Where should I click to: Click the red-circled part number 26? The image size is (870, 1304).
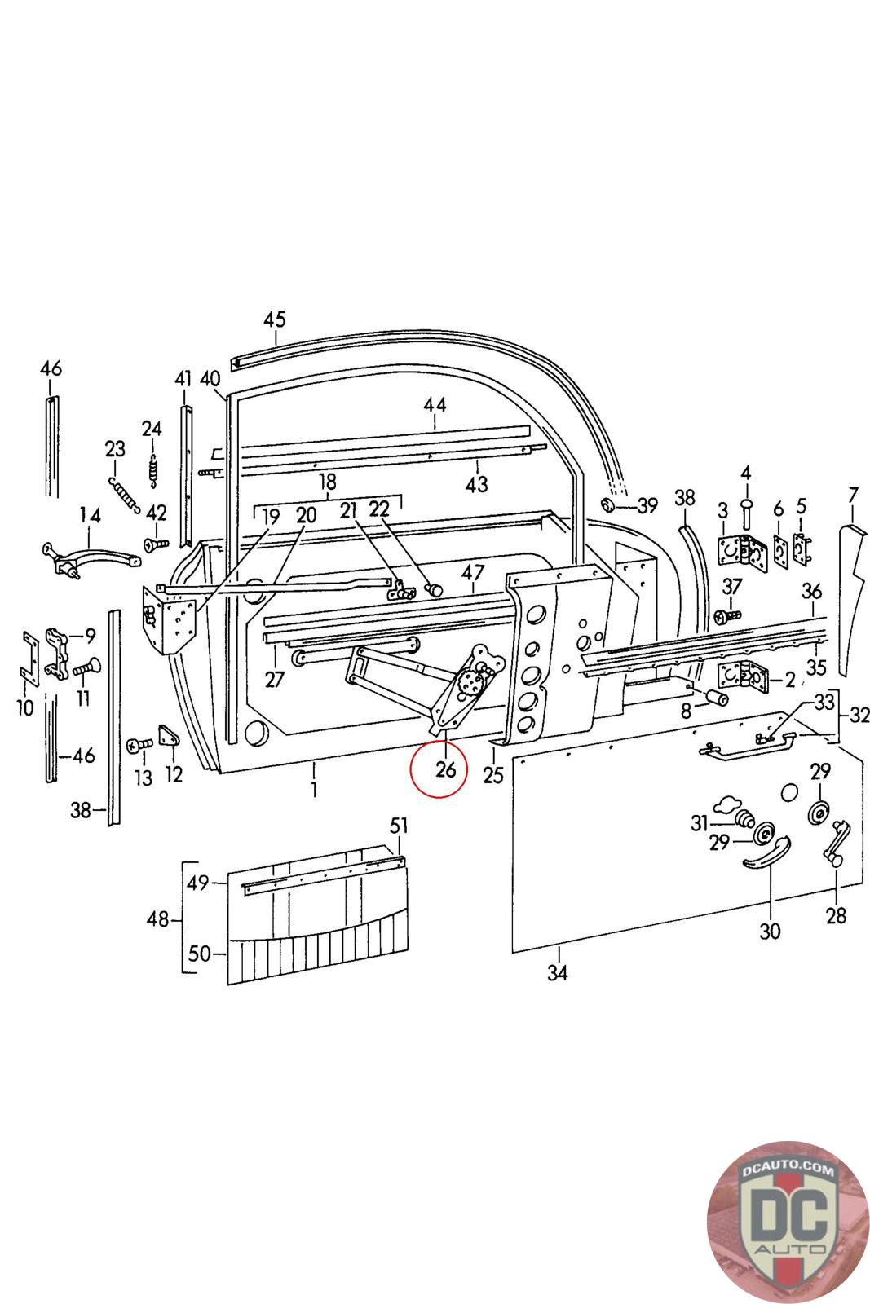pos(445,769)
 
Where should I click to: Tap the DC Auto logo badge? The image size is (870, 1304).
pos(787,1221)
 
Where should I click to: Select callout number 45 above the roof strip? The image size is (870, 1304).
pos(275,319)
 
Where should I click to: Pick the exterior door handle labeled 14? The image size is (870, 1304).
pos(91,557)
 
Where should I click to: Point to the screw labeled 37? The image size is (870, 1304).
pos(726,615)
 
